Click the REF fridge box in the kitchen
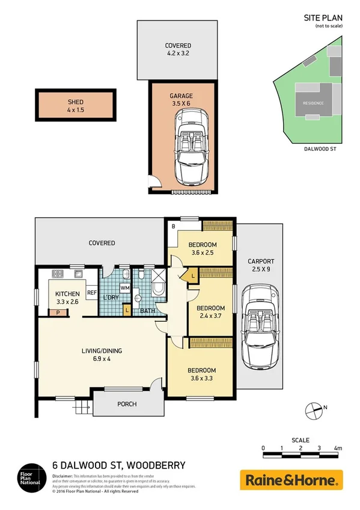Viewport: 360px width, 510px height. (x=92, y=293)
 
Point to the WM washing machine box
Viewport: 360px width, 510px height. (x=125, y=289)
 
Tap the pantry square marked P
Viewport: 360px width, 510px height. (x=58, y=313)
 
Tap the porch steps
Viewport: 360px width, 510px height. (x=83, y=408)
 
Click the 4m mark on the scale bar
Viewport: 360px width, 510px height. (x=338, y=448)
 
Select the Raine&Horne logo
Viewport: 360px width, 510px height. (x=291, y=480)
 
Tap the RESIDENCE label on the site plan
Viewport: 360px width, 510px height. (x=313, y=103)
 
